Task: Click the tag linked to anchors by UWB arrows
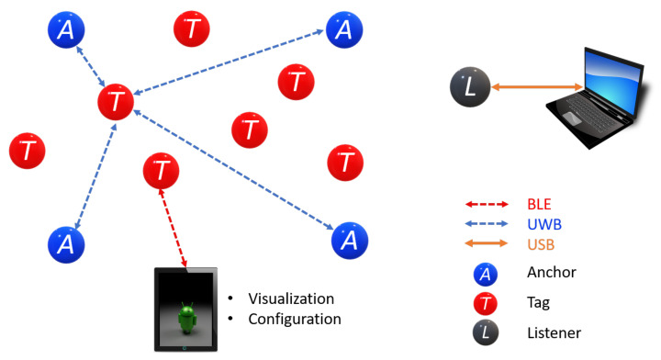click(x=116, y=101)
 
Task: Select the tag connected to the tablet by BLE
click(x=162, y=171)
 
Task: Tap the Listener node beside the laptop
click(x=470, y=88)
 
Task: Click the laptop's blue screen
click(x=609, y=73)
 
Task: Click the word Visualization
click(x=292, y=298)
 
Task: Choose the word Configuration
click(x=295, y=319)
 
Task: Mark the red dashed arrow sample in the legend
click(x=486, y=205)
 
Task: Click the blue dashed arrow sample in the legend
click(x=486, y=225)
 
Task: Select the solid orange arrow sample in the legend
click(x=486, y=245)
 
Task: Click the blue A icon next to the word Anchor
click(x=486, y=273)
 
